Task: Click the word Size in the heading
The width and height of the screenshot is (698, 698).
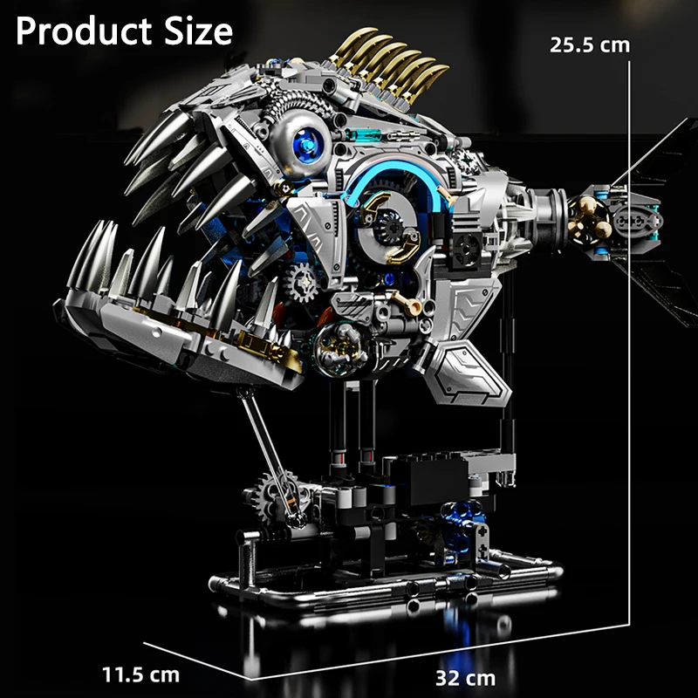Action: [199, 31]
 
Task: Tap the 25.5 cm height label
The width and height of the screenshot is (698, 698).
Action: [590, 45]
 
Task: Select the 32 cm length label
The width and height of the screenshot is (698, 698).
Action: [465, 679]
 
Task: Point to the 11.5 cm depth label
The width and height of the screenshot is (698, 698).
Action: [140, 674]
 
